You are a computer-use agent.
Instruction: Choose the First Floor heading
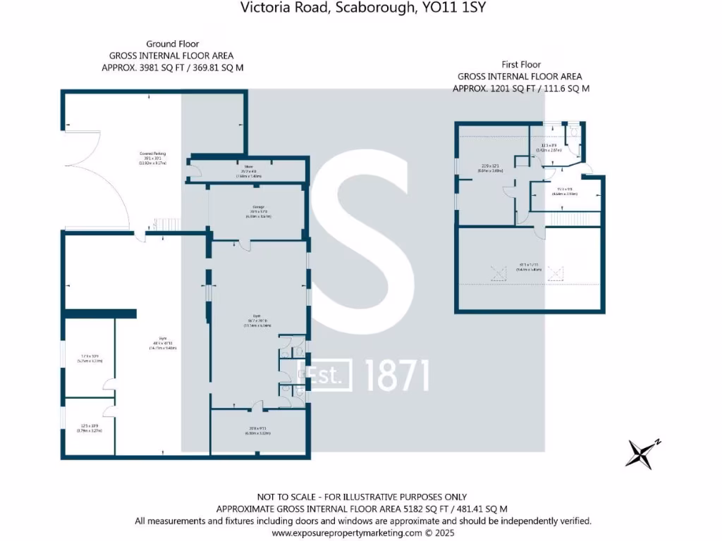(520, 65)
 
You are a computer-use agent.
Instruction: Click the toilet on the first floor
(574, 131)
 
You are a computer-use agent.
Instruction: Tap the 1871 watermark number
(397, 375)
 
